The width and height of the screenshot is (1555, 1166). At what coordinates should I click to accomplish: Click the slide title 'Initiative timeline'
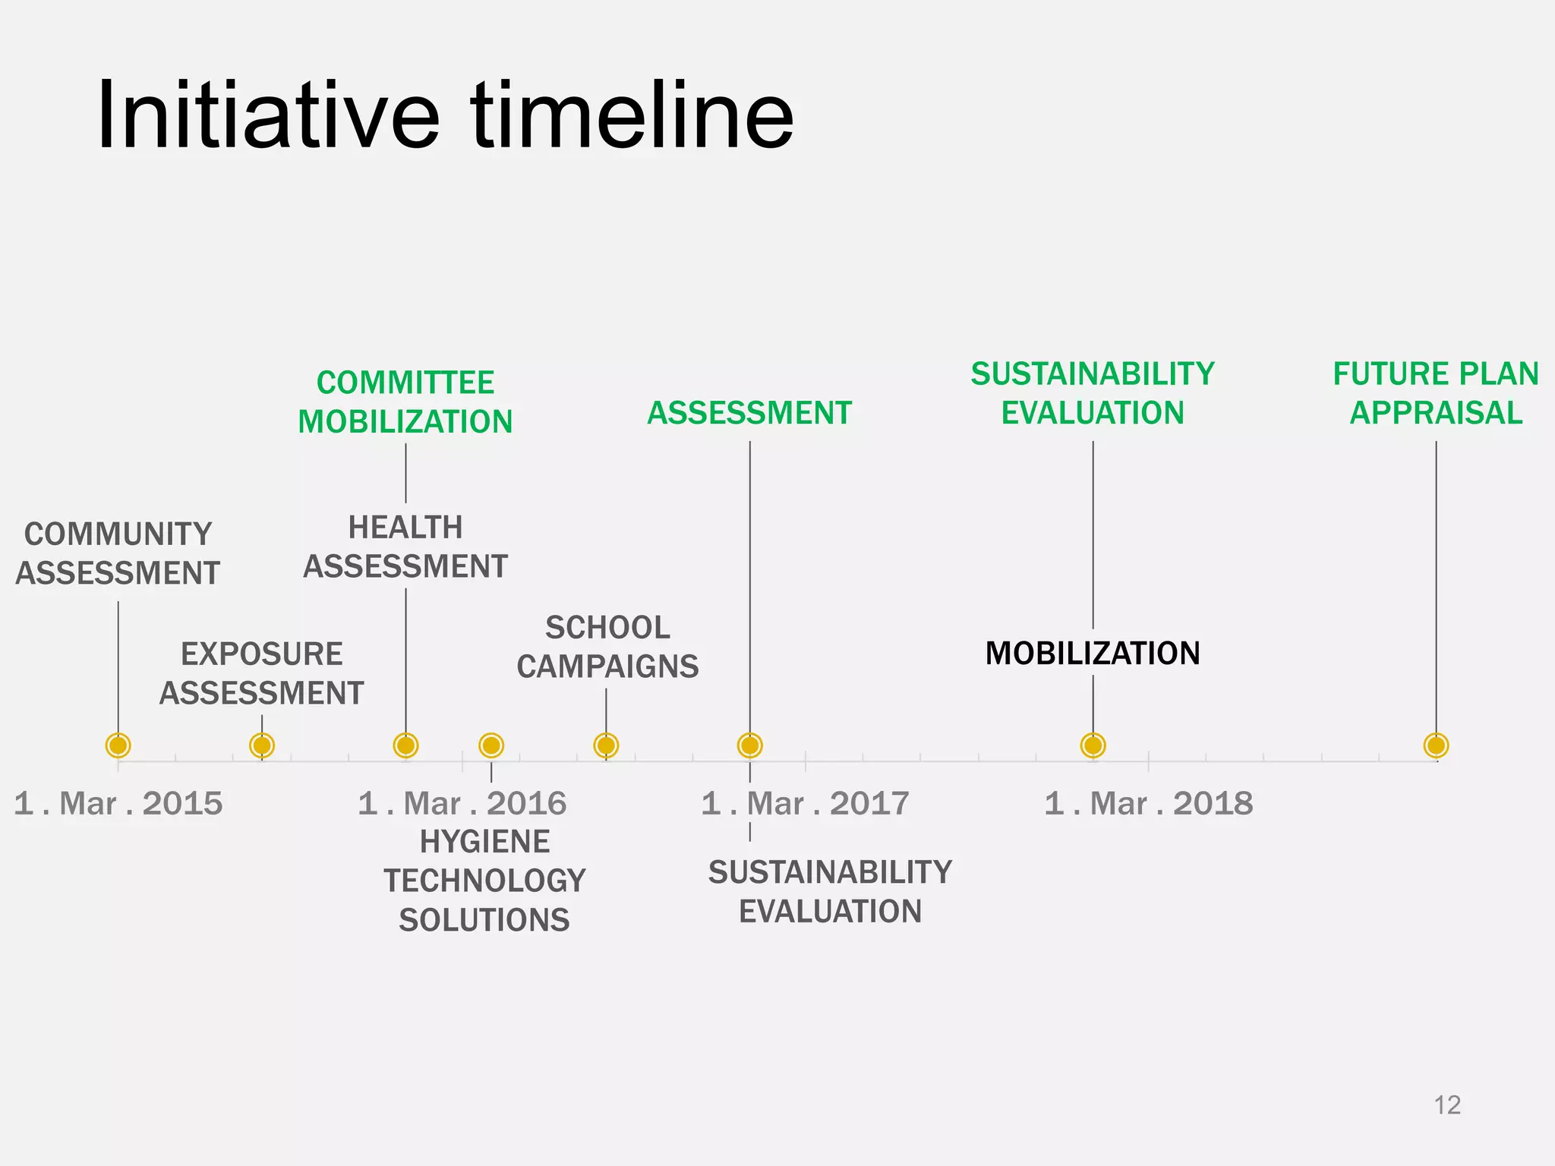(x=445, y=115)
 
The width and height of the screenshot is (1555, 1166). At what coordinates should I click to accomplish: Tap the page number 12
(x=1447, y=1105)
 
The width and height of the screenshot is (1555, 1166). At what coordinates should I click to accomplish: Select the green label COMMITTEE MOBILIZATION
(x=405, y=402)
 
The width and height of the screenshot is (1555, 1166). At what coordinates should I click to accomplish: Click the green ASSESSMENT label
(x=749, y=413)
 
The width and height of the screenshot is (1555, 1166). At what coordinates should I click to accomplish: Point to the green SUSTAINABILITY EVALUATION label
(x=1093, y=393)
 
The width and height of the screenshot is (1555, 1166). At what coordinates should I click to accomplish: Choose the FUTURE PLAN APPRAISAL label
(x=1435, y=393)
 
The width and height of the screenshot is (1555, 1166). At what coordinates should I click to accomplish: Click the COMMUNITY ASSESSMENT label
(x=118, y=553)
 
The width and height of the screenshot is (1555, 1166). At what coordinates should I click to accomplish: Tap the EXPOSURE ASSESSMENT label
(x=261, y=673)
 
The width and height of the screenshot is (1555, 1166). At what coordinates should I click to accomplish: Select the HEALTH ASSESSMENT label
(x=405, y=547)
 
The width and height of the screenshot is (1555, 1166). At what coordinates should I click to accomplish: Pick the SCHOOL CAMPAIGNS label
(x=607, y=647)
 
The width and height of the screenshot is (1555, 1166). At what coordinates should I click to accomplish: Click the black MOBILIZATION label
(x=1093, y=653)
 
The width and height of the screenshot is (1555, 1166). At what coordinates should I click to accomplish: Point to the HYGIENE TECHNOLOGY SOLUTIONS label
(x=484, y=881)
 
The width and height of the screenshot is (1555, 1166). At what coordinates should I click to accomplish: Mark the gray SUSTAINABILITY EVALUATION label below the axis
(x=830, y=891)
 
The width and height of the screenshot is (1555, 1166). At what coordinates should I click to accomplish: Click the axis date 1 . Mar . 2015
(x=118, y=803)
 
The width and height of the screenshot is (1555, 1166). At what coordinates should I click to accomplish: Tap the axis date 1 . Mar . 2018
(x=1148, y=803)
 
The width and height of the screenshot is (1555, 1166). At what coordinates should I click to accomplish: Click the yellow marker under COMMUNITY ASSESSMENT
(x=118, y=745)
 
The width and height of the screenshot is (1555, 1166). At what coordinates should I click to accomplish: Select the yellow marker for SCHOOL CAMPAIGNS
(x=606, y=745)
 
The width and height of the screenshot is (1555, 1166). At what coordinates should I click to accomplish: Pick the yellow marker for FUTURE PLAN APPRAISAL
(x=1436, y=745)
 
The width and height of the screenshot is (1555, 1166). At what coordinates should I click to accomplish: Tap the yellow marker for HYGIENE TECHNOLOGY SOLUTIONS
(x=491, y=745)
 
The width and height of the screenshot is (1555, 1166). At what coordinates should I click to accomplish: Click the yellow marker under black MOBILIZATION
(x=1093, y=745)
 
